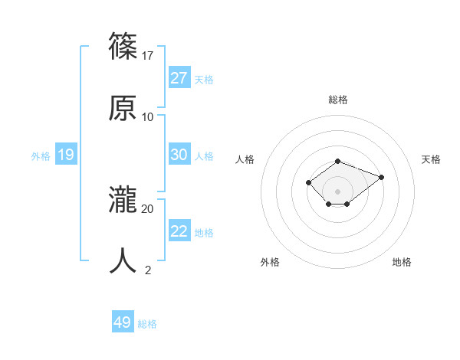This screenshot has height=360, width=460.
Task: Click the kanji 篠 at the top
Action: tap(123, 47)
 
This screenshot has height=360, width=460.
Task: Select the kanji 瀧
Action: tap(123, 200)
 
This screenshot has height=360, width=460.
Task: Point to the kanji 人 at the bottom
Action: tap(123, 260)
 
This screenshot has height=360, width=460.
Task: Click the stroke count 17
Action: tap(148, 55)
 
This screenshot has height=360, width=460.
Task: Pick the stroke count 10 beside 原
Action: tap(148, 116)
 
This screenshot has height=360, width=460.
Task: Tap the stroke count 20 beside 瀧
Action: tap(148, 208)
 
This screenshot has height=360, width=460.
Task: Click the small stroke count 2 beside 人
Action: tap(148, 270)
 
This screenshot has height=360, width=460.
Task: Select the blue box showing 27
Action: tap(179, 78)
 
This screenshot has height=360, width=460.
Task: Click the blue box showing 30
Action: tap(179, 155)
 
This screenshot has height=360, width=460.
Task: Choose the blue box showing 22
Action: tap(179, 231)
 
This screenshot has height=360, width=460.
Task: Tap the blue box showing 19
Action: tap(65, 155)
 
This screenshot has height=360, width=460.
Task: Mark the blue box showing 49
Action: tap(123, 322)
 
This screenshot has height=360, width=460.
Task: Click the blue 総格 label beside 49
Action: tap(147, 324)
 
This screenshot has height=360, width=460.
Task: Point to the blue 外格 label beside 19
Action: tap(41, 156)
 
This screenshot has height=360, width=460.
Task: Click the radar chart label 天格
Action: tap(431, 159)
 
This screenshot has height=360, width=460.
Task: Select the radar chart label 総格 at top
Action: tap(337, 100)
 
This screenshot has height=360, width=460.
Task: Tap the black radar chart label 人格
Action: tap(245, 159)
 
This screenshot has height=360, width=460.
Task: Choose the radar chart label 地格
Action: tap(402, 262)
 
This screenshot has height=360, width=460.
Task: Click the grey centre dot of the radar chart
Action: tap(337, 191)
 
